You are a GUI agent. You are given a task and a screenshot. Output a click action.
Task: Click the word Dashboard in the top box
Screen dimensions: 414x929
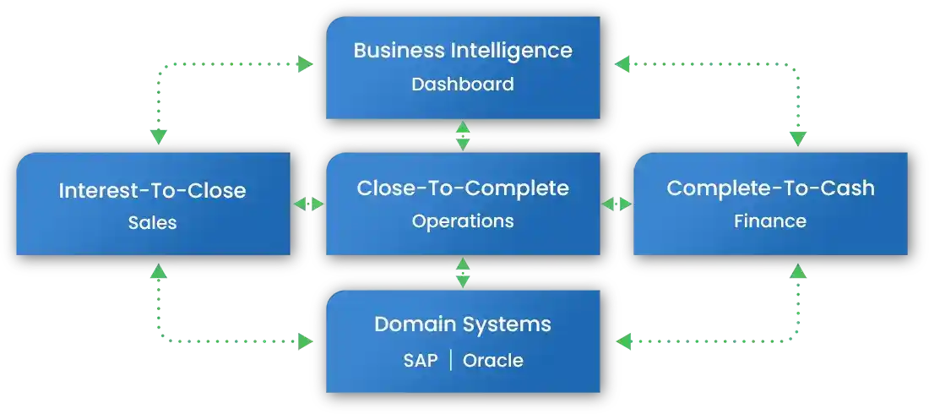462,84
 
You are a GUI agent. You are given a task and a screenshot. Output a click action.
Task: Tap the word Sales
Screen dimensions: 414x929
153,222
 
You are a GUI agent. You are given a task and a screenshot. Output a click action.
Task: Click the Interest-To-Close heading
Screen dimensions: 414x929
152,190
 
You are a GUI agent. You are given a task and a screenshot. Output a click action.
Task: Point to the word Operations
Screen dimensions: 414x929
462,221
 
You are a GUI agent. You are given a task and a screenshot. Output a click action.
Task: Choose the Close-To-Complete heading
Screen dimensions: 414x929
462,188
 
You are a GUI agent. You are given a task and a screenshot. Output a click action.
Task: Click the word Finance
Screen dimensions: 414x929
769,221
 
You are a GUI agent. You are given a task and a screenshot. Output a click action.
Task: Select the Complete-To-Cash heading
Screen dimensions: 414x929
770,188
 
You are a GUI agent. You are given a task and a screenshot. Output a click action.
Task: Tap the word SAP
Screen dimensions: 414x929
420,361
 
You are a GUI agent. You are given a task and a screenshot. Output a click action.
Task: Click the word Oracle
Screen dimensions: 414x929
492,361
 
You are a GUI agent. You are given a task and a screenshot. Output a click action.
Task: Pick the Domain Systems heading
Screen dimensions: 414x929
462,324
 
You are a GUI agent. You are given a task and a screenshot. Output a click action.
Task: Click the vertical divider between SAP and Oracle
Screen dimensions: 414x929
451,361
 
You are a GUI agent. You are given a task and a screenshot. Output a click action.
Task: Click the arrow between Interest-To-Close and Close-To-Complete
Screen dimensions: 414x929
309,204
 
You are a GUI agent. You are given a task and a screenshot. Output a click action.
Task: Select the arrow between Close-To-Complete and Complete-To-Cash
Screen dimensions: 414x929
617,204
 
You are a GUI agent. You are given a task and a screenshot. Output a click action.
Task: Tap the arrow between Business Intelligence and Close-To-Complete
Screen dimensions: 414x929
463,135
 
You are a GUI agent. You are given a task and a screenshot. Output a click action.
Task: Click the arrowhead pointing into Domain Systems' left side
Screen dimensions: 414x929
305,341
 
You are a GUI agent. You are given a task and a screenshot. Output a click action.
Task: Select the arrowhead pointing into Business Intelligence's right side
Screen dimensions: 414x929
622,63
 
